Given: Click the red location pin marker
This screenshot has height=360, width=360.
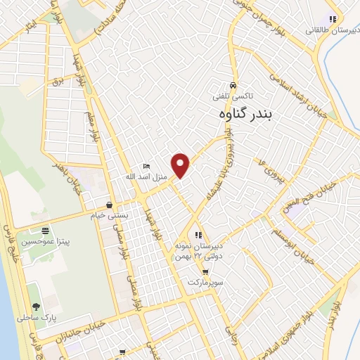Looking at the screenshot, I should pos(181,165).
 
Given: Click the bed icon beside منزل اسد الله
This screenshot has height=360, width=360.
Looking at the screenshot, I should pos(146,166).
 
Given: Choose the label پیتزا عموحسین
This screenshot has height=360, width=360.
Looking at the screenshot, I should pos(46,240).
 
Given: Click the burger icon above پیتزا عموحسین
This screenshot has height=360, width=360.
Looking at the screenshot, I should pos(46,231).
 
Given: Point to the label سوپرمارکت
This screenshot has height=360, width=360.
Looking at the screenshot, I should pos(205,281).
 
